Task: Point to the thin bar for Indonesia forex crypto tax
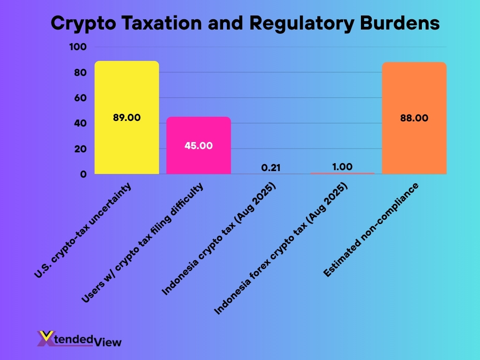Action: [x=342, y=173]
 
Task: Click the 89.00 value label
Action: [x=127, y=118]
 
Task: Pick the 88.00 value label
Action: [x=414, y=118]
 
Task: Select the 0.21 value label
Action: [x=270, y=167]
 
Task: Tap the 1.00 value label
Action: [x=342, y=166]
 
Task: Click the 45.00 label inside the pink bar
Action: [x=199, y=145]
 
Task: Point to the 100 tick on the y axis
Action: [x=77, y=47]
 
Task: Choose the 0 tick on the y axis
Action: [x=83, y=174]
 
